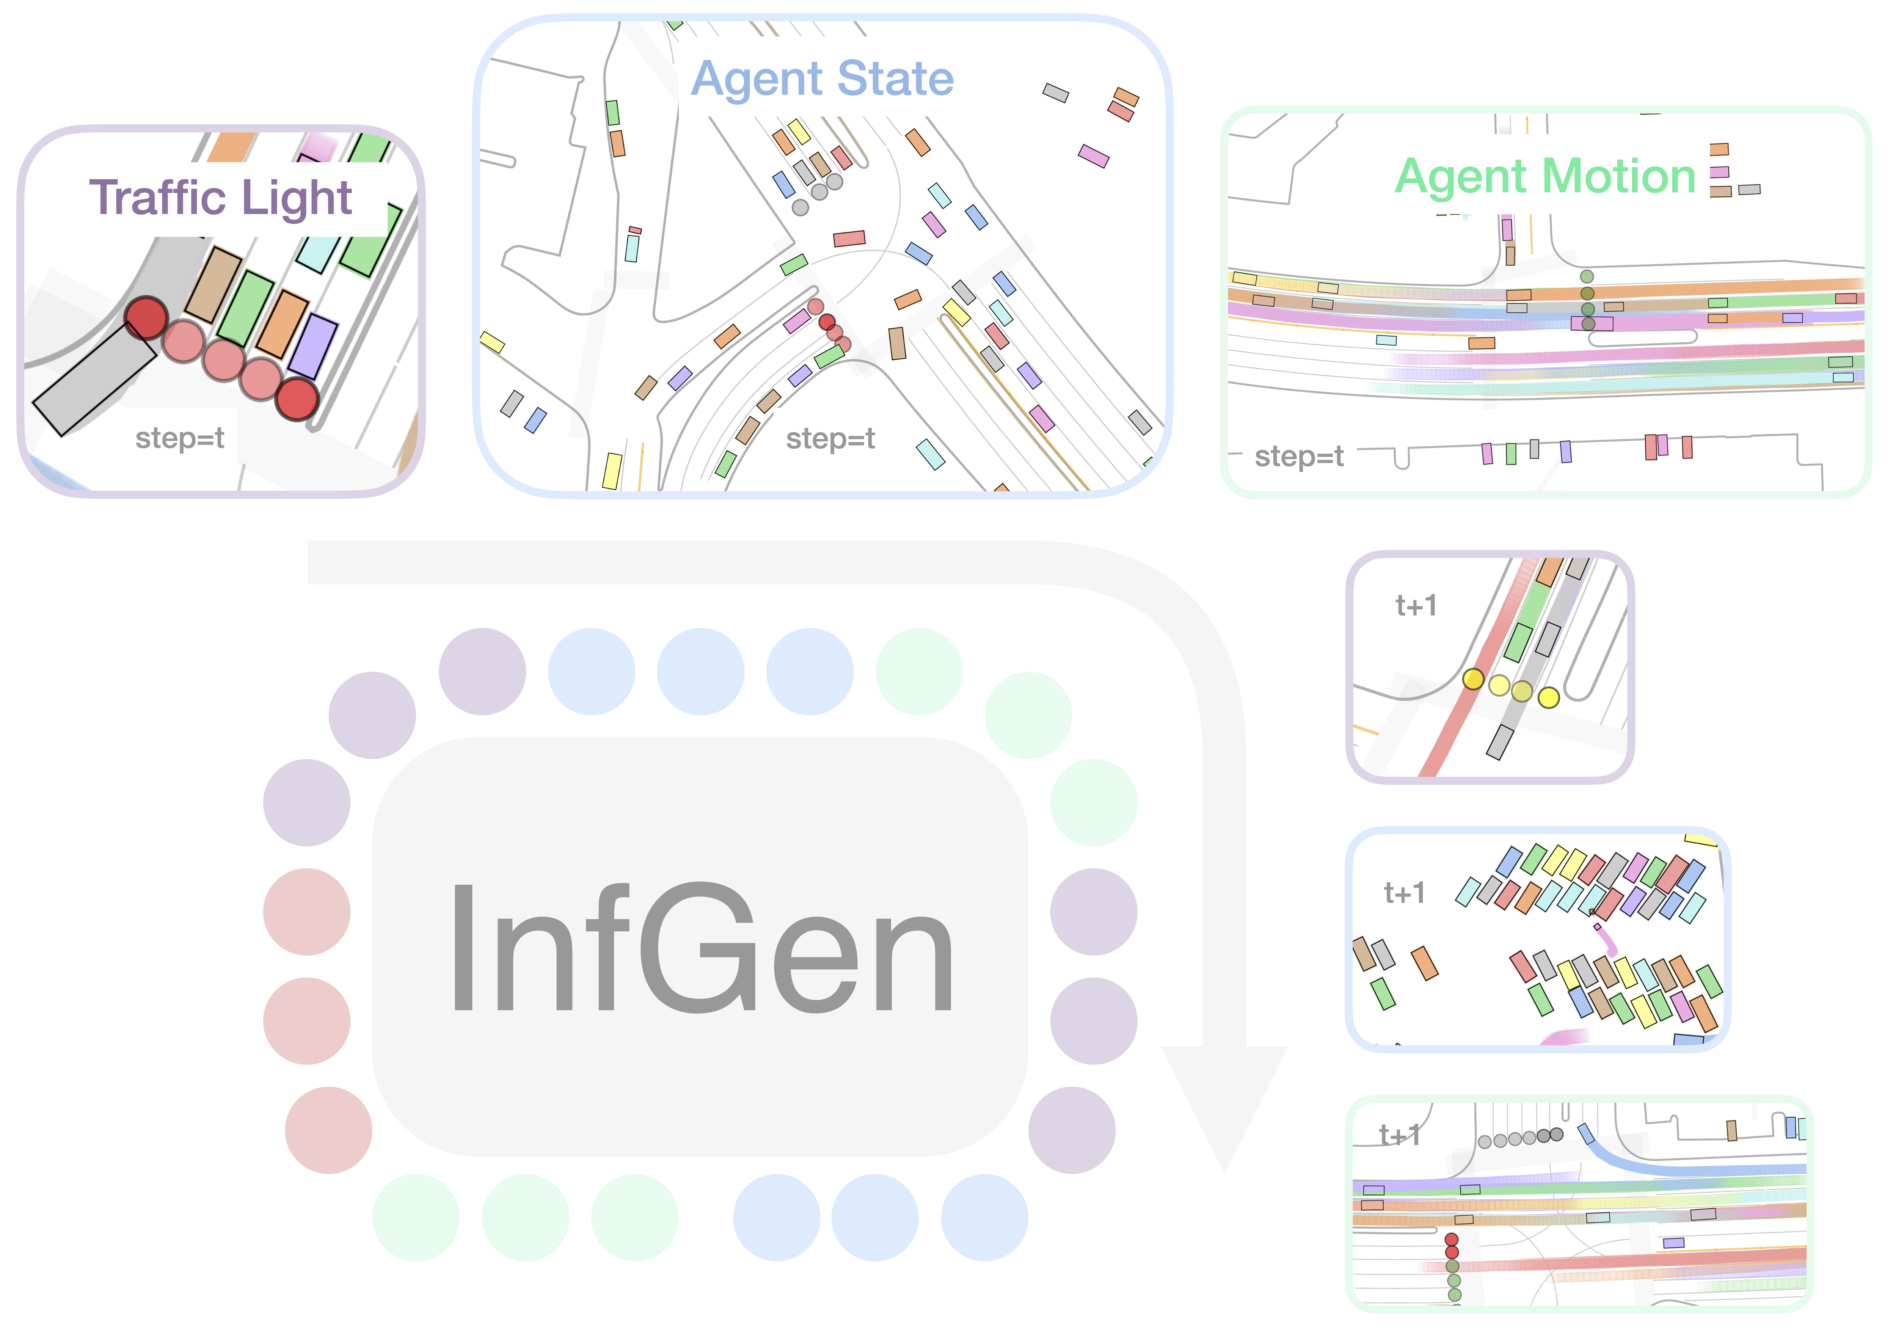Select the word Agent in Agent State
(757, 79)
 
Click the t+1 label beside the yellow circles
(1416, 606)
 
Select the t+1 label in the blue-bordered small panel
(1404, 893)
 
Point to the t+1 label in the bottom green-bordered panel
(1399, 1135)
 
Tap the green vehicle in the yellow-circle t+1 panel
(1518, 642)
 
